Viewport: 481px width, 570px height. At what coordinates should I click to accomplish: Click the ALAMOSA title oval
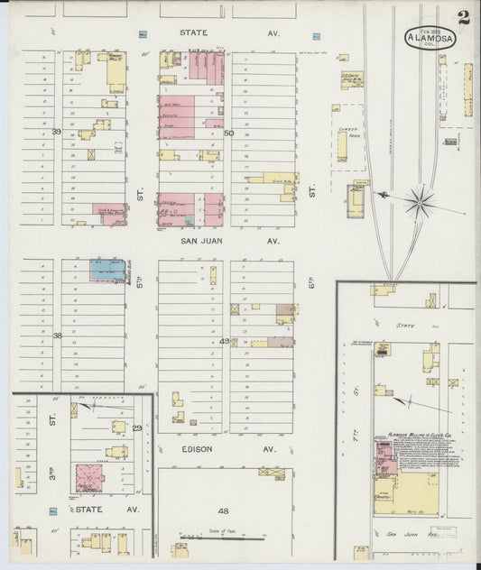click(x=430, y=38)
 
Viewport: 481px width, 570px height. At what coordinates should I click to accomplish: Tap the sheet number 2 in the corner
click(x=463, y=17)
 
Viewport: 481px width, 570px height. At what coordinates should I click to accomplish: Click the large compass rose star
click(x=420, y=200)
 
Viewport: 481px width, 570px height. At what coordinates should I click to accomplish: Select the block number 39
click(x=56, y=132)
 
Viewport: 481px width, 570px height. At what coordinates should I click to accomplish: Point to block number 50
click(x=228, y=133)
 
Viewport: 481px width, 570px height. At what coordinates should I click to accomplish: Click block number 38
click(x=57, y=335)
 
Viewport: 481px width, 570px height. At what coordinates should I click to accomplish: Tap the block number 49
click(x=225, y=341)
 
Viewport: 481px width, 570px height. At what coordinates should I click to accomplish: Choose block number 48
click(x=224, y=510)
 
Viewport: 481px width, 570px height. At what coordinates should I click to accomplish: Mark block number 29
click(x=137, y=427)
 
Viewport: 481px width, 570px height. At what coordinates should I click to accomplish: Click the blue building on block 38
click(x=107, y=269)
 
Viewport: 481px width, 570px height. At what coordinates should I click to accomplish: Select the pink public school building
click(x=88, y=477)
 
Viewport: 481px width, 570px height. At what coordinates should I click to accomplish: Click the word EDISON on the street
click(x=195, y=448)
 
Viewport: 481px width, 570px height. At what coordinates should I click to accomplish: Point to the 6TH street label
click(x=310, y=282)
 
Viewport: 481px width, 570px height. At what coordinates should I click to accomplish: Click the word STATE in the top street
click(x=193, y=32)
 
